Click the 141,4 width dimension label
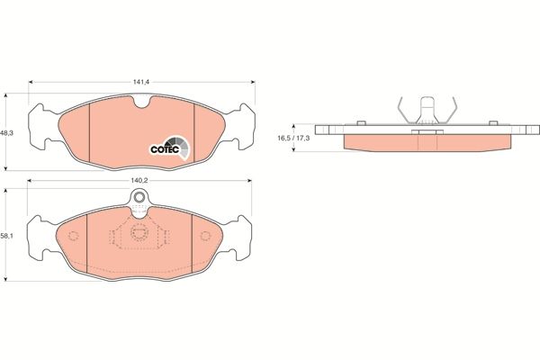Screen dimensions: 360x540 tap(140, 82)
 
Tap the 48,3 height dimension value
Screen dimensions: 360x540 tap(6, 131)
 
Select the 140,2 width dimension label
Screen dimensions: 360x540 tap(140, 181)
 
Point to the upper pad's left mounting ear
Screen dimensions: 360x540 tap(40, 117)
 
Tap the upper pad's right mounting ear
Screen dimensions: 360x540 tap(244, 117)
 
